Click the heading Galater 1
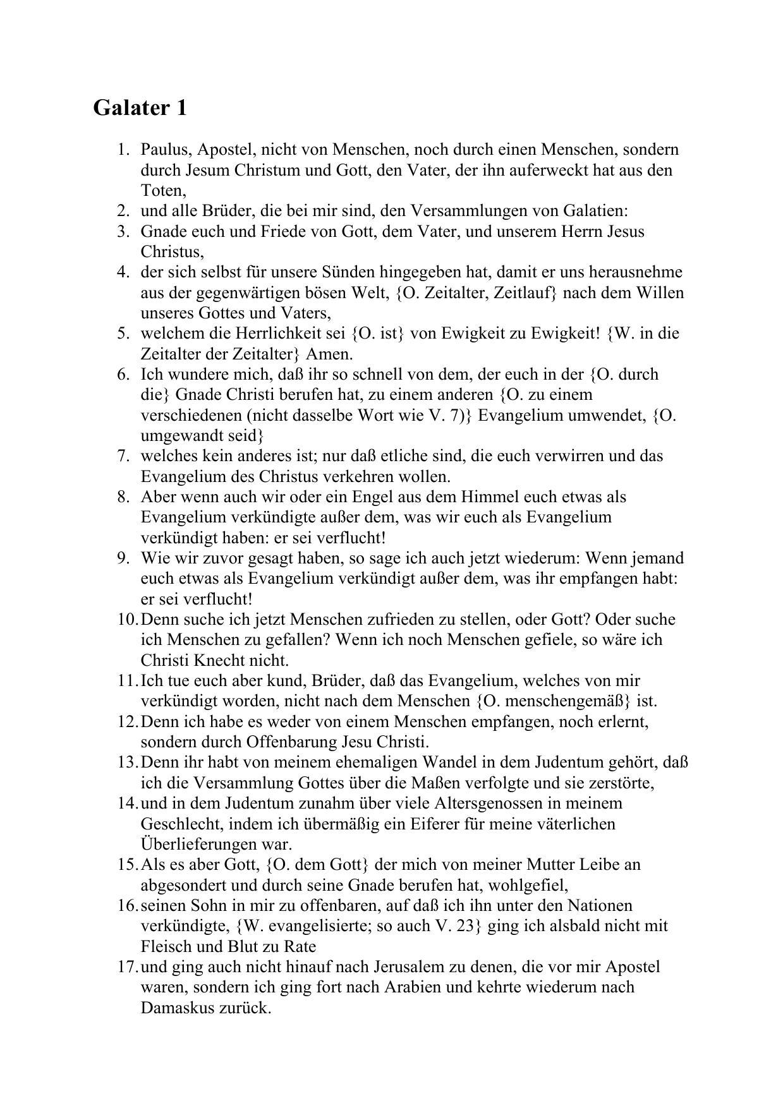click(140, 108)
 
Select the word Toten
click(162, 191)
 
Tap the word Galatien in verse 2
click(594, 211)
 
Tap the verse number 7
click(123, 456)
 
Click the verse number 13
click(126, 762)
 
